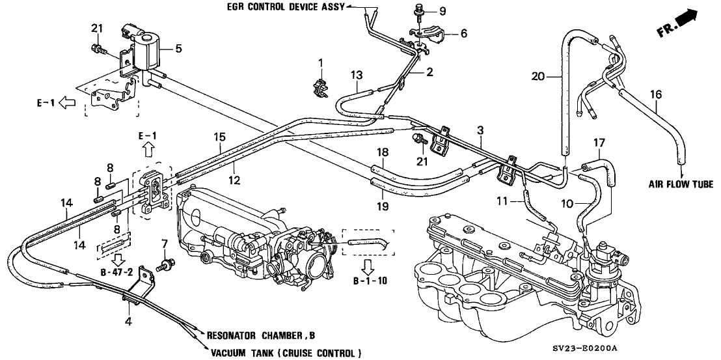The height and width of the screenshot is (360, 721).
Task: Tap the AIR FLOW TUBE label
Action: point(683,184)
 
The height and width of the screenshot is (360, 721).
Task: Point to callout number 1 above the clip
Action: point(320,62)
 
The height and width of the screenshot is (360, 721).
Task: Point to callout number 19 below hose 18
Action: point(383,206)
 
